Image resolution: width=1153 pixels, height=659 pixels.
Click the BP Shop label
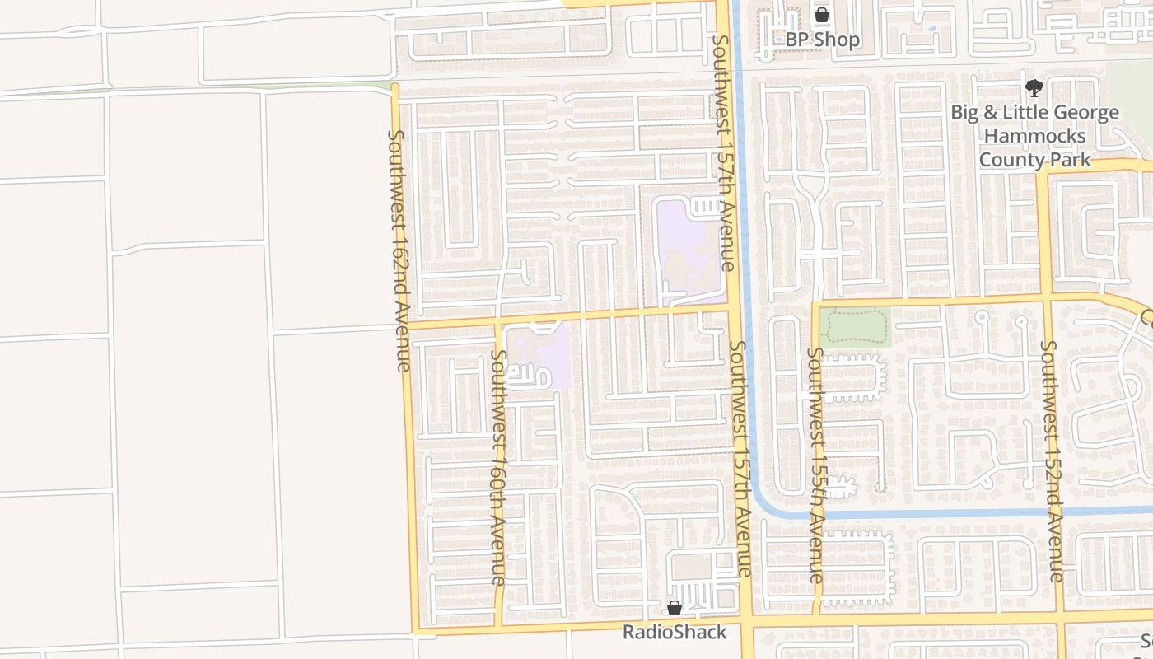tap(822, 40)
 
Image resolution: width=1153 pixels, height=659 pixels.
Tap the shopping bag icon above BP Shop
tap(822, 15)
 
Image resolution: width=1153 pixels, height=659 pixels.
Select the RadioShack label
tap(675, 632)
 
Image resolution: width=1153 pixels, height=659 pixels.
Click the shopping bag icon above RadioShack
tap(675, 609)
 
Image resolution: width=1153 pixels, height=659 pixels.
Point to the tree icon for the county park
tap(1034, 89)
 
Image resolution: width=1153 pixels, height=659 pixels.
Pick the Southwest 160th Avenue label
tap(499, 467)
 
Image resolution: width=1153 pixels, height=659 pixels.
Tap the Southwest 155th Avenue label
tap(815, 465)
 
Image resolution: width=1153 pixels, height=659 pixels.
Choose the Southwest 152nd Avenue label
tap(1051, 461)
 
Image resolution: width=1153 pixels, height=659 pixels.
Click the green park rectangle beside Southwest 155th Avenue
tap(856, 327)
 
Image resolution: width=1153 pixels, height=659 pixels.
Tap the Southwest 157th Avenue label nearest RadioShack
tap(740, 459)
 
